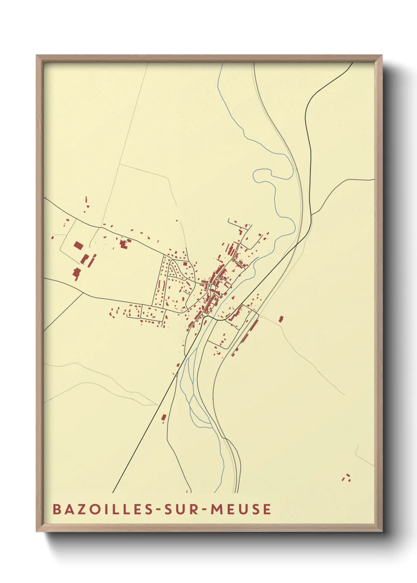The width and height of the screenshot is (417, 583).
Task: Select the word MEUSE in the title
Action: [241, 509]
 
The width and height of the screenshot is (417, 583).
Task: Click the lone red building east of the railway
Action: [281, 319]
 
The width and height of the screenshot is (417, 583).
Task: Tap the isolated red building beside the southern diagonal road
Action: [164, 418]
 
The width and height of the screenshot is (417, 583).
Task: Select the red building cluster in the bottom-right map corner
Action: [347, 478]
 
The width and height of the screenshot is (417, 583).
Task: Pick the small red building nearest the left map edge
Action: [52, 237]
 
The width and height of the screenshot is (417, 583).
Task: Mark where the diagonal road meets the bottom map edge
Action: [113, 492]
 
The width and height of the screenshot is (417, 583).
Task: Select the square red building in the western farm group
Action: [78, 246]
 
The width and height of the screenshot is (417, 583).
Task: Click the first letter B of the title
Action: [57, 509]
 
